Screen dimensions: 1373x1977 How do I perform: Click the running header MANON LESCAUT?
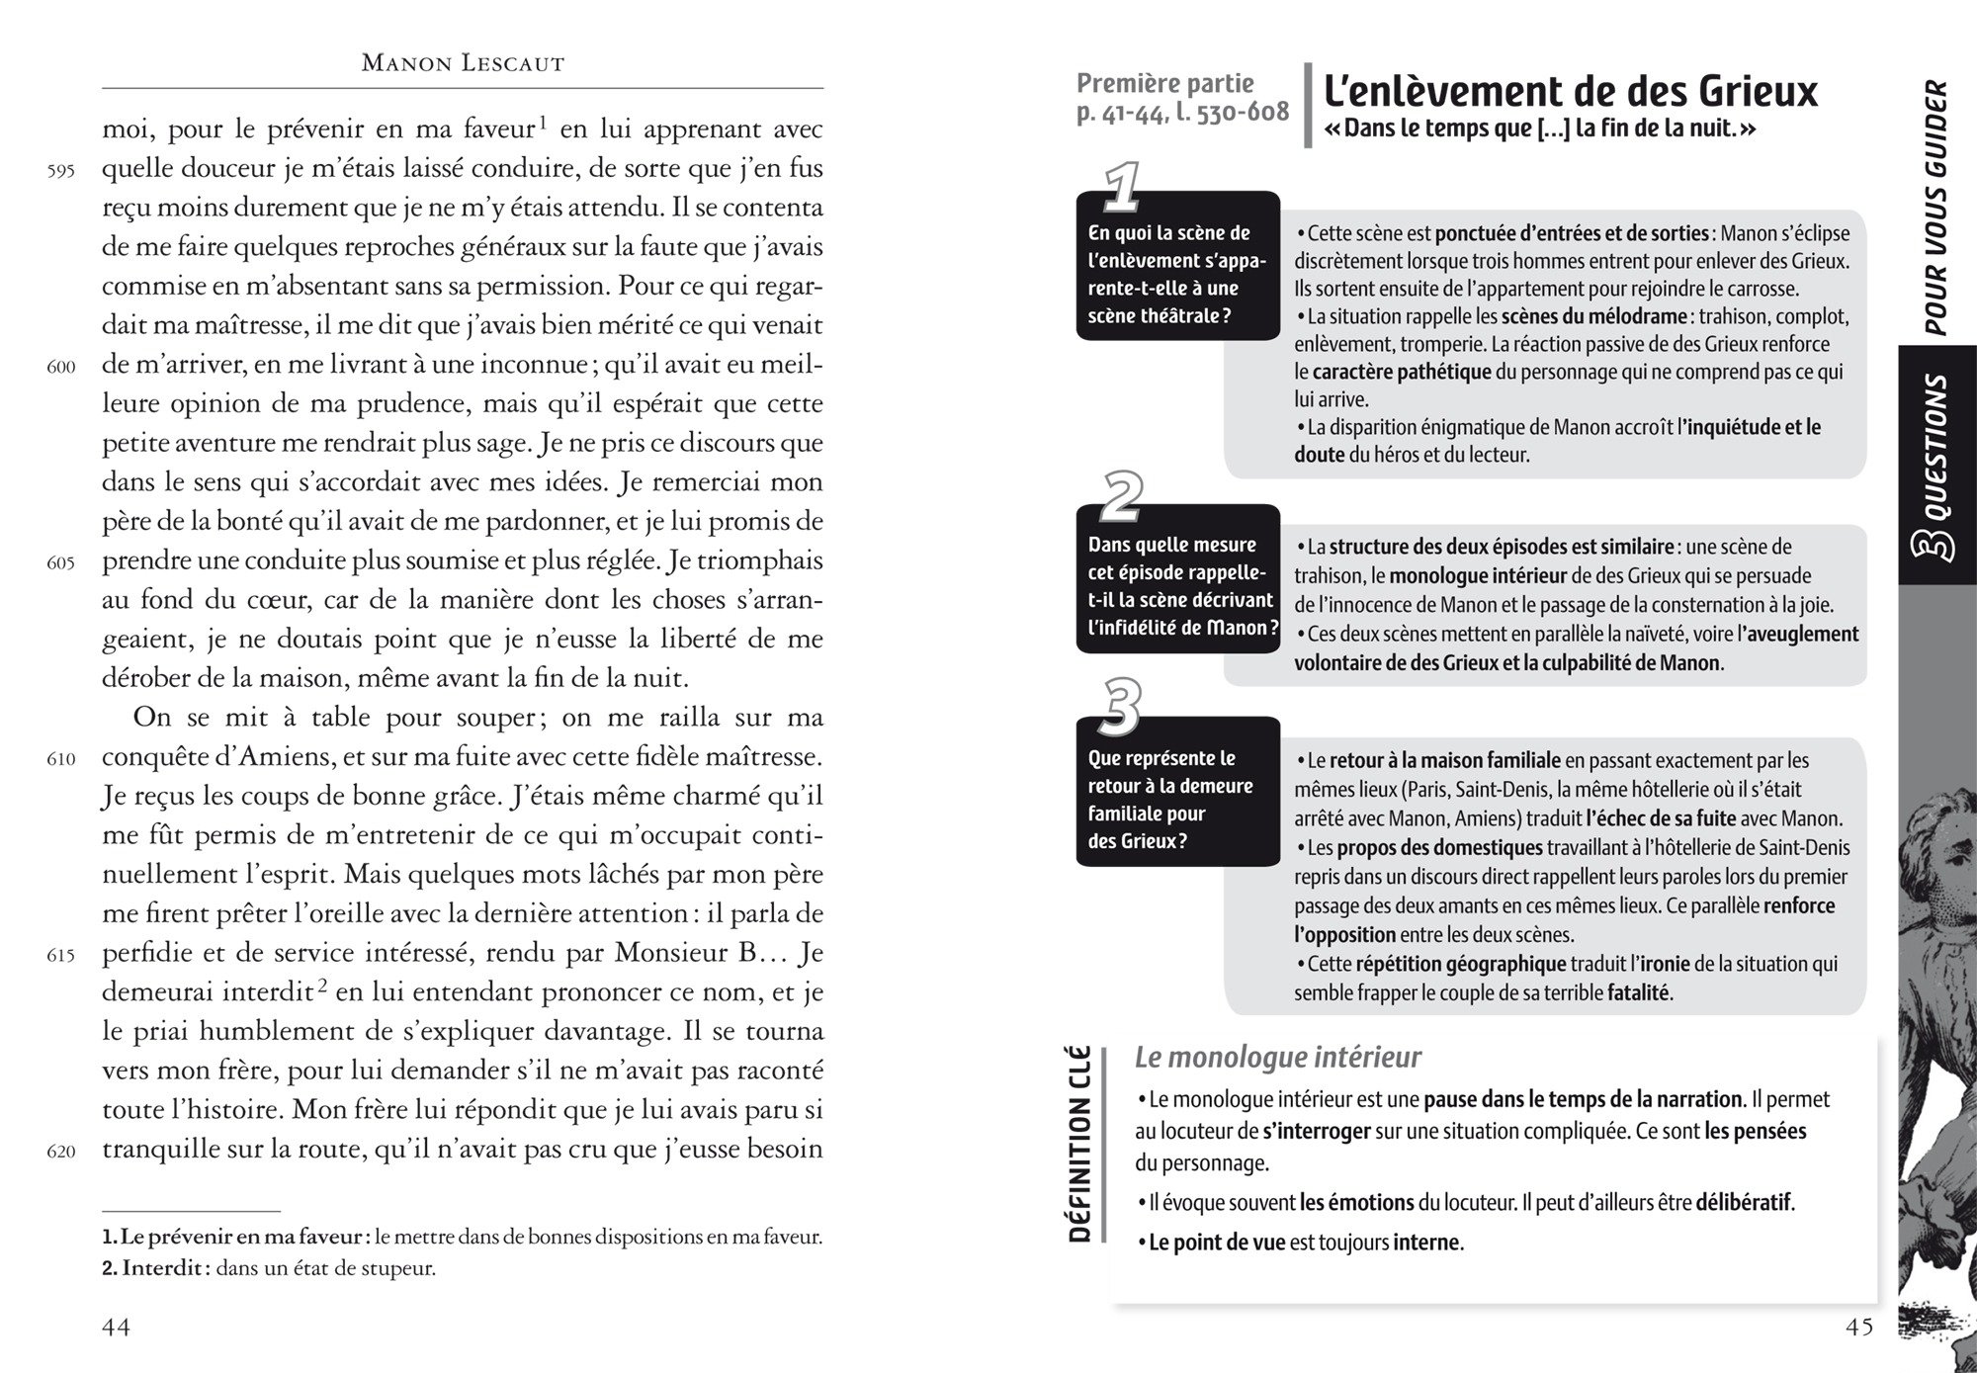coord(463,64)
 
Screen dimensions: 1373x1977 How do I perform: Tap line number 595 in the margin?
coord(61,171)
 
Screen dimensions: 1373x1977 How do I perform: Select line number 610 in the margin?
coord(61,760)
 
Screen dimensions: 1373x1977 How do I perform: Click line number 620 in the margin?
coord(61,1152)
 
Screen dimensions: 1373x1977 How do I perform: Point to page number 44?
coord(117,1328)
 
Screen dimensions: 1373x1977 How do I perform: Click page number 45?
coord(1859,1328)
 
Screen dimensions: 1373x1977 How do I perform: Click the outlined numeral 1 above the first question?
coord(1120,188)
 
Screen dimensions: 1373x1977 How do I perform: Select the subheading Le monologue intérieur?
coord(1277,1057)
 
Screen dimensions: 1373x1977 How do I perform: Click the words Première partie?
coord(1164,84)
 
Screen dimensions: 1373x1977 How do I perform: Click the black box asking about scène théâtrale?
coord(1177,275)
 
